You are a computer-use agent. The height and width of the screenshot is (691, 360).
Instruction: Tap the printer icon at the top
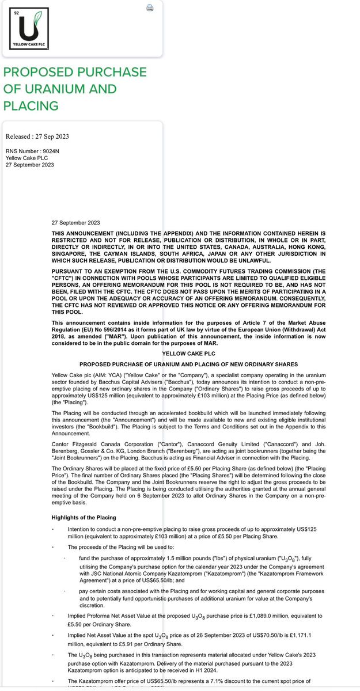pos(150,7)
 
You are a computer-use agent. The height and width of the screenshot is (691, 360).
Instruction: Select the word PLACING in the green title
pos(31,106)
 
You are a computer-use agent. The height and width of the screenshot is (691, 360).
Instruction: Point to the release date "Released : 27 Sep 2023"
pos(37,136)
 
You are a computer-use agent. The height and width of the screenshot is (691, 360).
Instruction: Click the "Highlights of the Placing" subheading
pos(84,518)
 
